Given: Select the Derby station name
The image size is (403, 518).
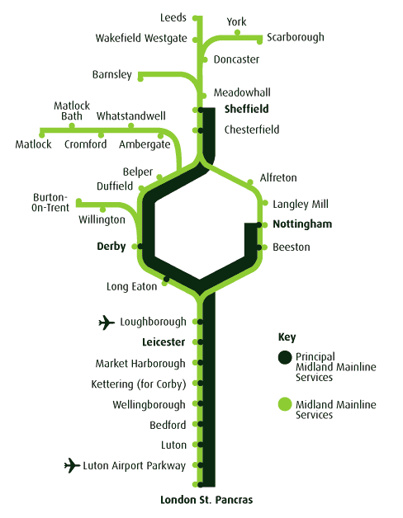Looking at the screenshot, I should click(x=111, y=246).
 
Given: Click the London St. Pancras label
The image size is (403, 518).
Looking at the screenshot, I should click(x=206, y=500).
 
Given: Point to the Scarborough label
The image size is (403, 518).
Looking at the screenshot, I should click(x=295, y=37).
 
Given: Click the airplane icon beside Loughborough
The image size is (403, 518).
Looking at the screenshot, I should click(x=107, y=322).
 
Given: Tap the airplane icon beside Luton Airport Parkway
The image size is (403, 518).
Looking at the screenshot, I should click(x=73, y=466).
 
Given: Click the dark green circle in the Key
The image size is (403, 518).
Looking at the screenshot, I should click(x=284, y=357).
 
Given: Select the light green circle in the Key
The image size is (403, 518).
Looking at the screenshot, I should click(x=284, y=404).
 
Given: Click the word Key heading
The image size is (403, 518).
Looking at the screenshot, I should click(x=286, y=337).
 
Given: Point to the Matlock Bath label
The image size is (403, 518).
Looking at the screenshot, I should click(x=72, y=111).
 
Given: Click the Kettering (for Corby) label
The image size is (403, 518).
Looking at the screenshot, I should click(x=138, y=384).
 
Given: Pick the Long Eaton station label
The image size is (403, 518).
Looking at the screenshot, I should click(x=132, y=287).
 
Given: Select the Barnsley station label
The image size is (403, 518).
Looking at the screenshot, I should click(x=111, y=75).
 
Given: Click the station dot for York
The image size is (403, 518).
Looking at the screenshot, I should click(x=237, y=33).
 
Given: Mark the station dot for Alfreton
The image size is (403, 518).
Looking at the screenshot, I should click(x=251, y=182).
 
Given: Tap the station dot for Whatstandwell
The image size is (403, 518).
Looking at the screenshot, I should click(x=131, y=126).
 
